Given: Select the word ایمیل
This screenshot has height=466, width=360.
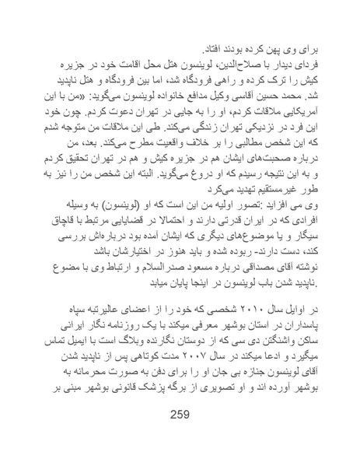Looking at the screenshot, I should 87,361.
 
